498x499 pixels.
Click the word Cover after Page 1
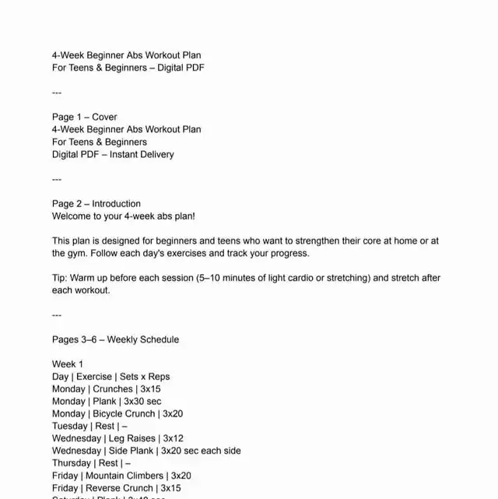pyautogui.click(x=105, y=117)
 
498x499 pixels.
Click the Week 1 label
pyautogui.click(x=68, y=364)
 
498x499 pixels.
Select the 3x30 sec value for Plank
pyautogui.click(x=142, y=402)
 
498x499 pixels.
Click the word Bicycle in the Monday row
pyautogui.click(x=112, y=414)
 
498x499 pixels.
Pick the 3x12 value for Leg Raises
pyautogui.click(x=174, y=439)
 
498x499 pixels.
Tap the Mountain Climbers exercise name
pyautogui.click(x=124, y=476)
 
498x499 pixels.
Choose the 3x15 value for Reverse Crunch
pyautogui.click(x=171, y=489)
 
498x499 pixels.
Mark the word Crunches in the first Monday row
pyautogui.click(x=113, y=389)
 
